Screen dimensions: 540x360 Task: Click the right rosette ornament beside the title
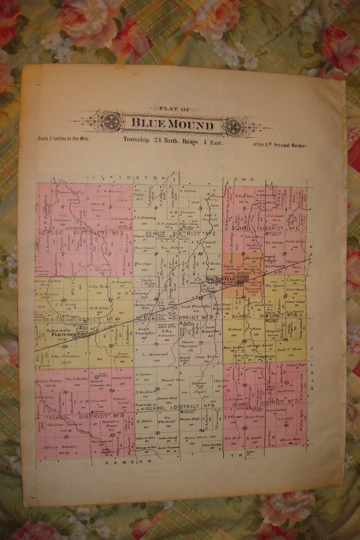[x=234, y=125]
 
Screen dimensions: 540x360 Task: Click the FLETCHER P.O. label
[x=63, y=335]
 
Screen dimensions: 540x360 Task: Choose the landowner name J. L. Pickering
[x=145, y=217]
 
